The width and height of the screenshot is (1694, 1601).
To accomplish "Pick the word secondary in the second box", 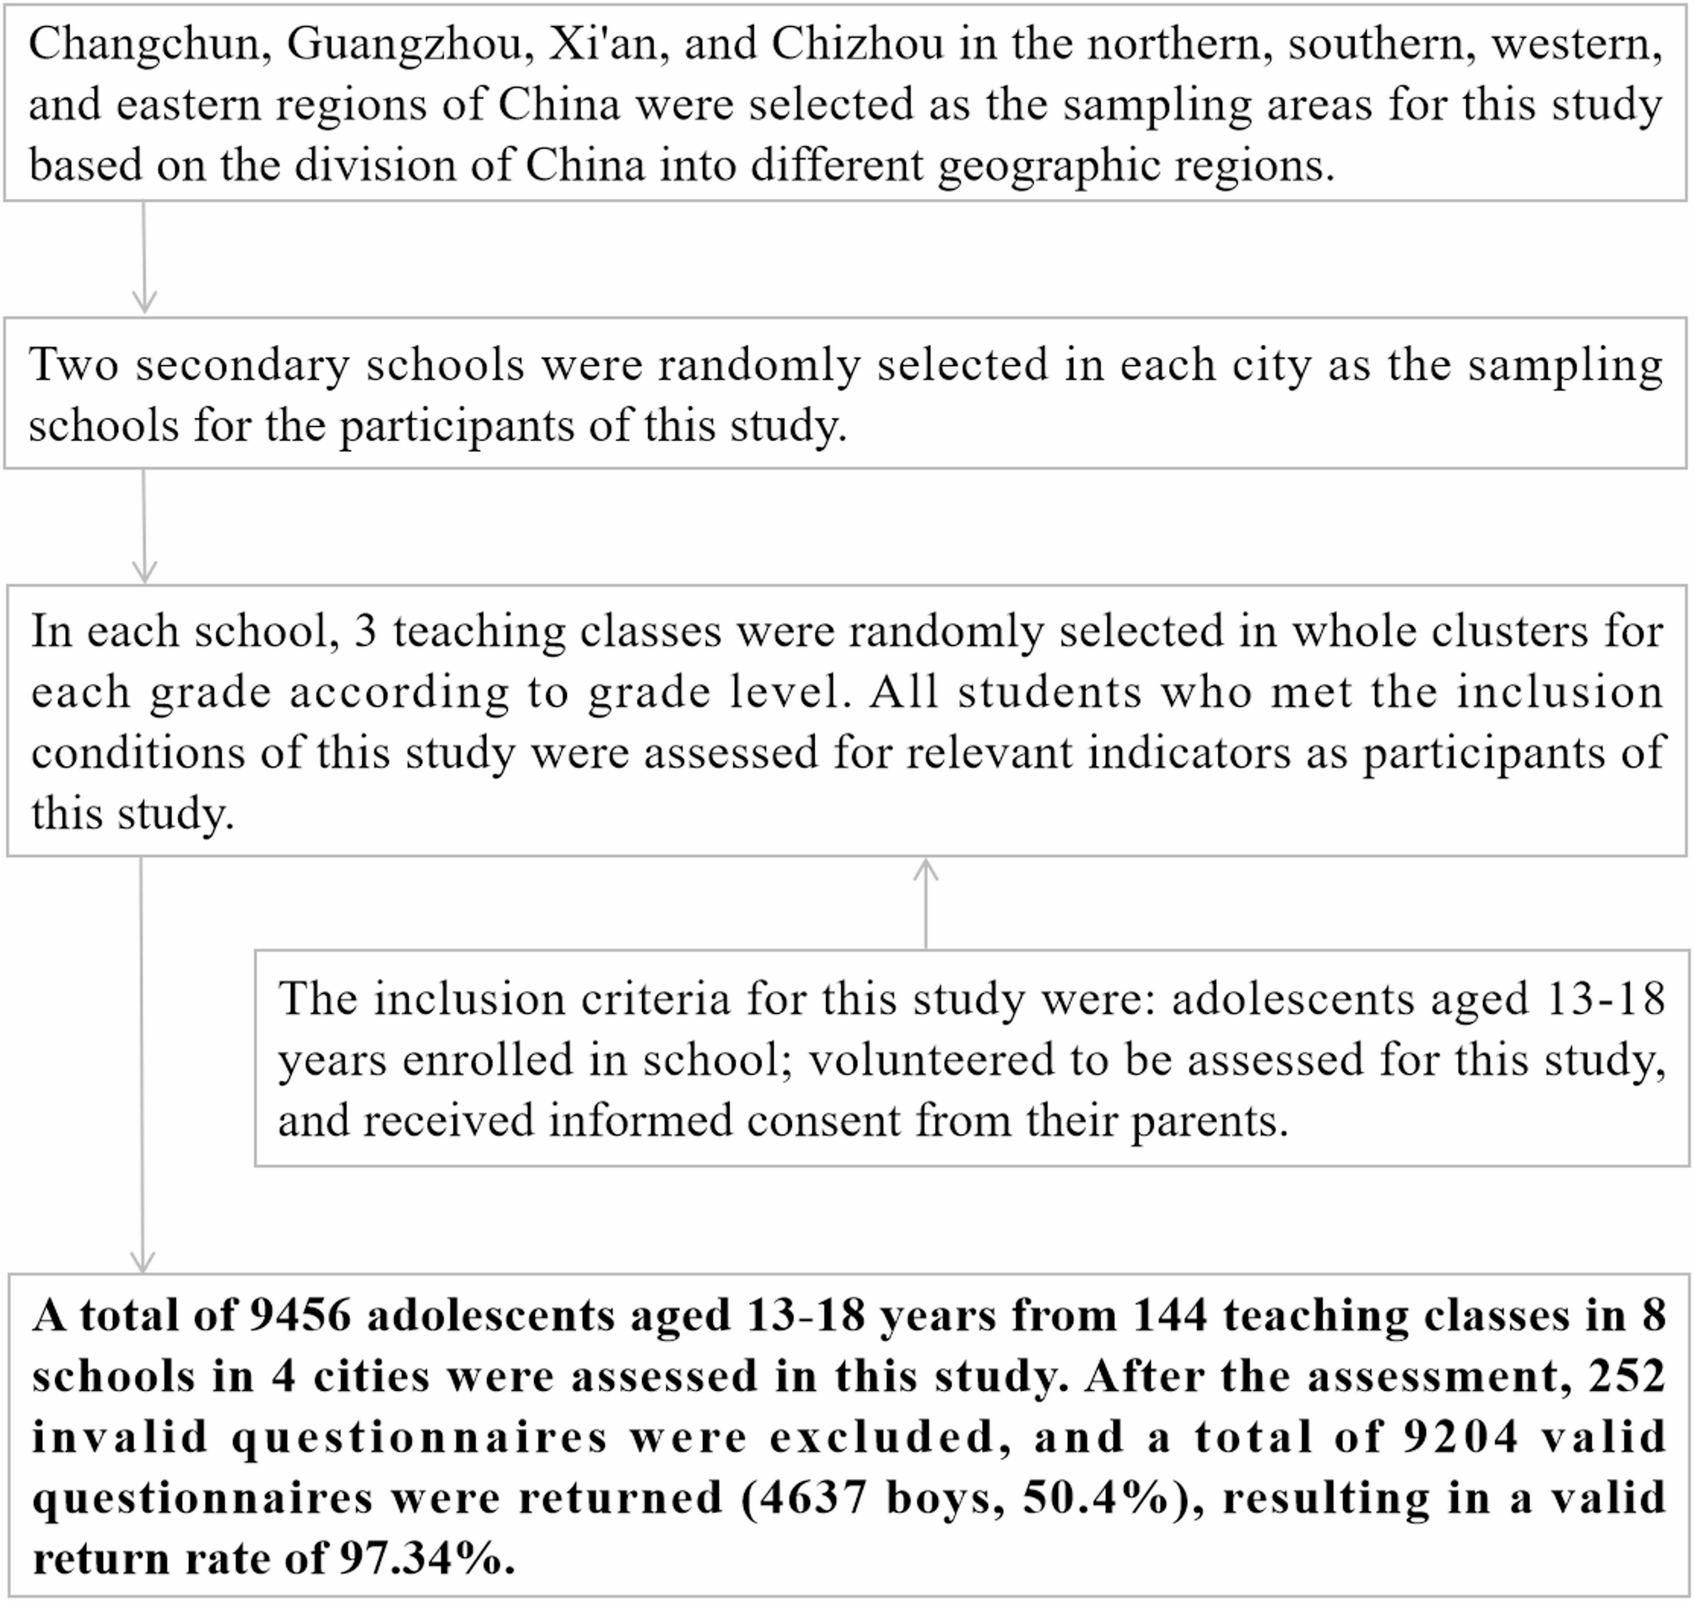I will (242, 365).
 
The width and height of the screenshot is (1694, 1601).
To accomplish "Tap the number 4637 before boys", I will (806, 1498).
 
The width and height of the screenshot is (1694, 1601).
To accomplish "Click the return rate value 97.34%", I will (427, 1558).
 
